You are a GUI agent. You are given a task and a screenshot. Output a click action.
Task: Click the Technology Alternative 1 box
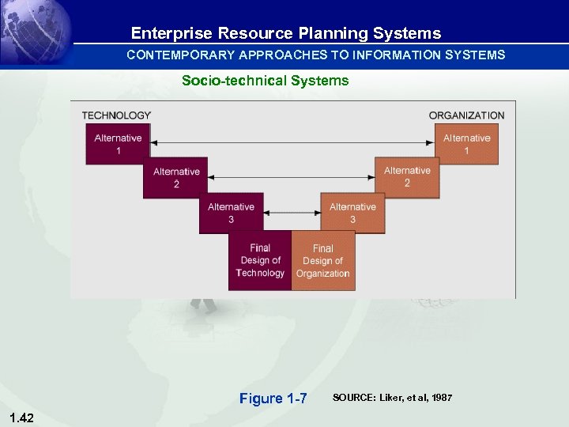click(x=118, y=144)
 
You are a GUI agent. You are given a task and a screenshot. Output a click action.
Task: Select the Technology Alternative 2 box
click(x=175, y=178)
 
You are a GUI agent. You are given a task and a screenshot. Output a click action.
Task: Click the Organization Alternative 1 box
click(x=466, y=144)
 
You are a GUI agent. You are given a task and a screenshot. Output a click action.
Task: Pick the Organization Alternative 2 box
click(x=407, y=177)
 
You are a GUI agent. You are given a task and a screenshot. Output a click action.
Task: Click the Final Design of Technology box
click(x=260, y=260)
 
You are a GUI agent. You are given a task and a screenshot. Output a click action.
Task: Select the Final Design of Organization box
click(x=323, y=261)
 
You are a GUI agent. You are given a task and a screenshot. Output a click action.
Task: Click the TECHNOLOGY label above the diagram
click(x=116, y=115)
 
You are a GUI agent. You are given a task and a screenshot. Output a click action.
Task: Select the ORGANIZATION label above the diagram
click(x=466, y=115)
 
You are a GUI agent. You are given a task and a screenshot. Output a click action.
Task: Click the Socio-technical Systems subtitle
click(x=265, y=81)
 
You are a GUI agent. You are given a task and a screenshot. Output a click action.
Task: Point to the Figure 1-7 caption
click(x=273, y=399)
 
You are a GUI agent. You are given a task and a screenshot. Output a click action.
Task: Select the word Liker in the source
click(x=394, y=398)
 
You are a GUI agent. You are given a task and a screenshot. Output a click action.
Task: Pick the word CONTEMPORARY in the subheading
click(x=180, y=55)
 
